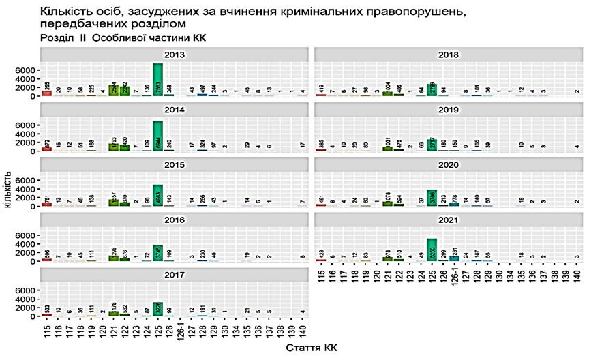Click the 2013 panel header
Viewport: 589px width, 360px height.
(176, 55)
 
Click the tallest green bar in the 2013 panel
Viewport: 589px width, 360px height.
(157, 80)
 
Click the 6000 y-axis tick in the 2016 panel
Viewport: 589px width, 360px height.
(25, 235)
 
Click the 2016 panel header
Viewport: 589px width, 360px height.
(176, 220)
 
